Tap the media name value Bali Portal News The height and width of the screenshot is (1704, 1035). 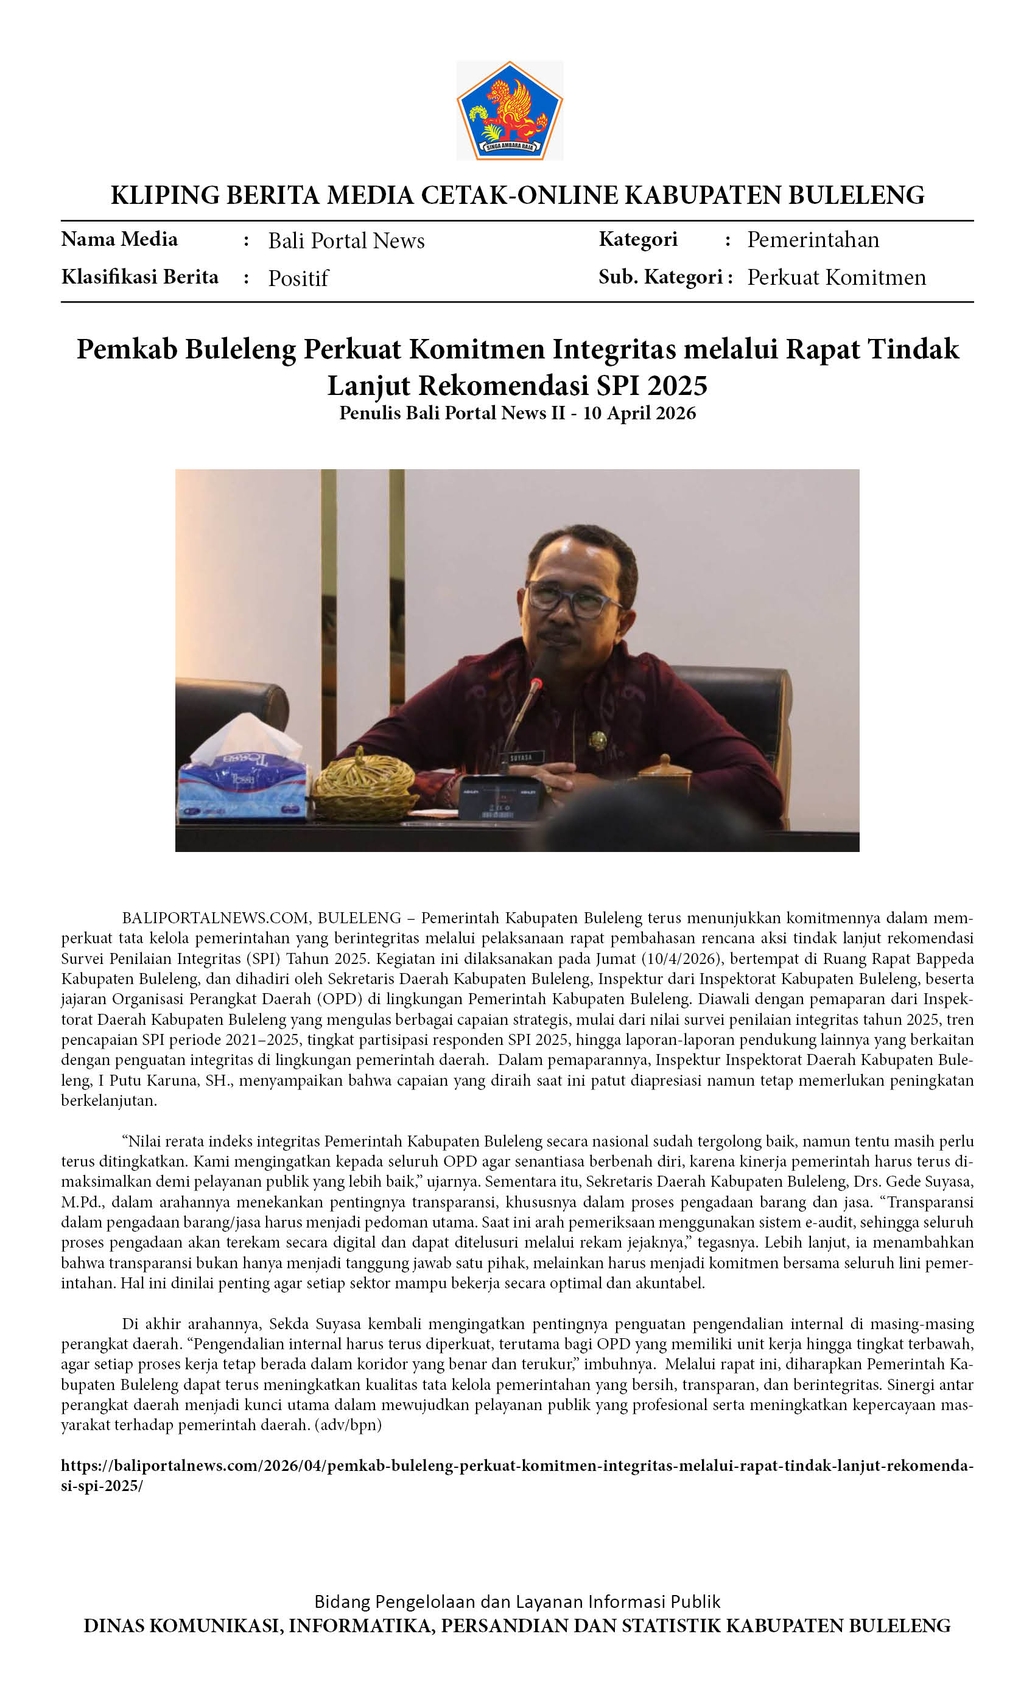coord(346,240)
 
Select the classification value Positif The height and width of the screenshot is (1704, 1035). coord(298,278)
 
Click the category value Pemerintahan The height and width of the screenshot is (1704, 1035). coord(812,240)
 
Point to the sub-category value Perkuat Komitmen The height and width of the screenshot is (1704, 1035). coord(836,278)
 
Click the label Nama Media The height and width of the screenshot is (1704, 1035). coord(119,239)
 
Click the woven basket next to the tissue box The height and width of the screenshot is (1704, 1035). coord(365,785)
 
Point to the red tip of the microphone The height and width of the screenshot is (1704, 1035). coord(535,685)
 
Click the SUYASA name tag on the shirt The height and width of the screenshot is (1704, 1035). coord(522,757)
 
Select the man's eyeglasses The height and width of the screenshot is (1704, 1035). coord(573,599)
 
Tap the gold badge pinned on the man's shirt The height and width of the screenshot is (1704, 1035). coord(597,741)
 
